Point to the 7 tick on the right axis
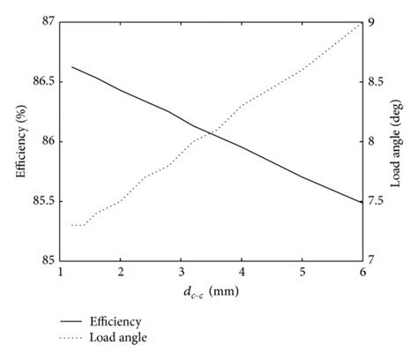click(x=377, y=260)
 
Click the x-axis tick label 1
click(x=60, y=272)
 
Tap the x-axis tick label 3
click(x=181, y=272)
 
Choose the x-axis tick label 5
click(x=302, y=272)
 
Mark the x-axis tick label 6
click(x=362, y=272)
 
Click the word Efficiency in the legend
click(x=116, y=322)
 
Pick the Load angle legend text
click(x=116, y=338)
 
